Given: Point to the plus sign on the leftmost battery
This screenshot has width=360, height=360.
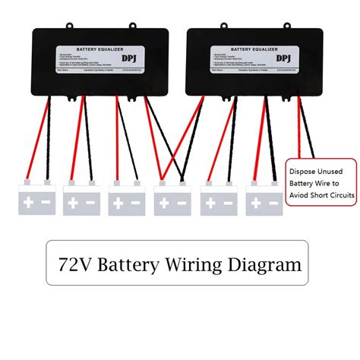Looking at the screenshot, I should (28, 203).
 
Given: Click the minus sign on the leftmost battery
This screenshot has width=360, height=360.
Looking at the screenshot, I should (46, 203).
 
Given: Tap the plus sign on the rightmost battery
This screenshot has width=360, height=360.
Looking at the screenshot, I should (255, 203).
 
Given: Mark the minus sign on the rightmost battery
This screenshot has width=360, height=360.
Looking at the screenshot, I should (273, 203).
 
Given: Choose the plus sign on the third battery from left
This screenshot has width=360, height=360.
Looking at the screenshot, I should (119, 203).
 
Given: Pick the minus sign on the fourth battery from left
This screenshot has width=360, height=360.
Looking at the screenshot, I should (182, 203).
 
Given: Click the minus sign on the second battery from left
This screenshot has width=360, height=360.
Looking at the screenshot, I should (91, 203).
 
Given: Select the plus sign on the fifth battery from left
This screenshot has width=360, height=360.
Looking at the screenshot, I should (210, 203).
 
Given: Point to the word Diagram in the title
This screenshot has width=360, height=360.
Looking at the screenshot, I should (265, 266).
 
